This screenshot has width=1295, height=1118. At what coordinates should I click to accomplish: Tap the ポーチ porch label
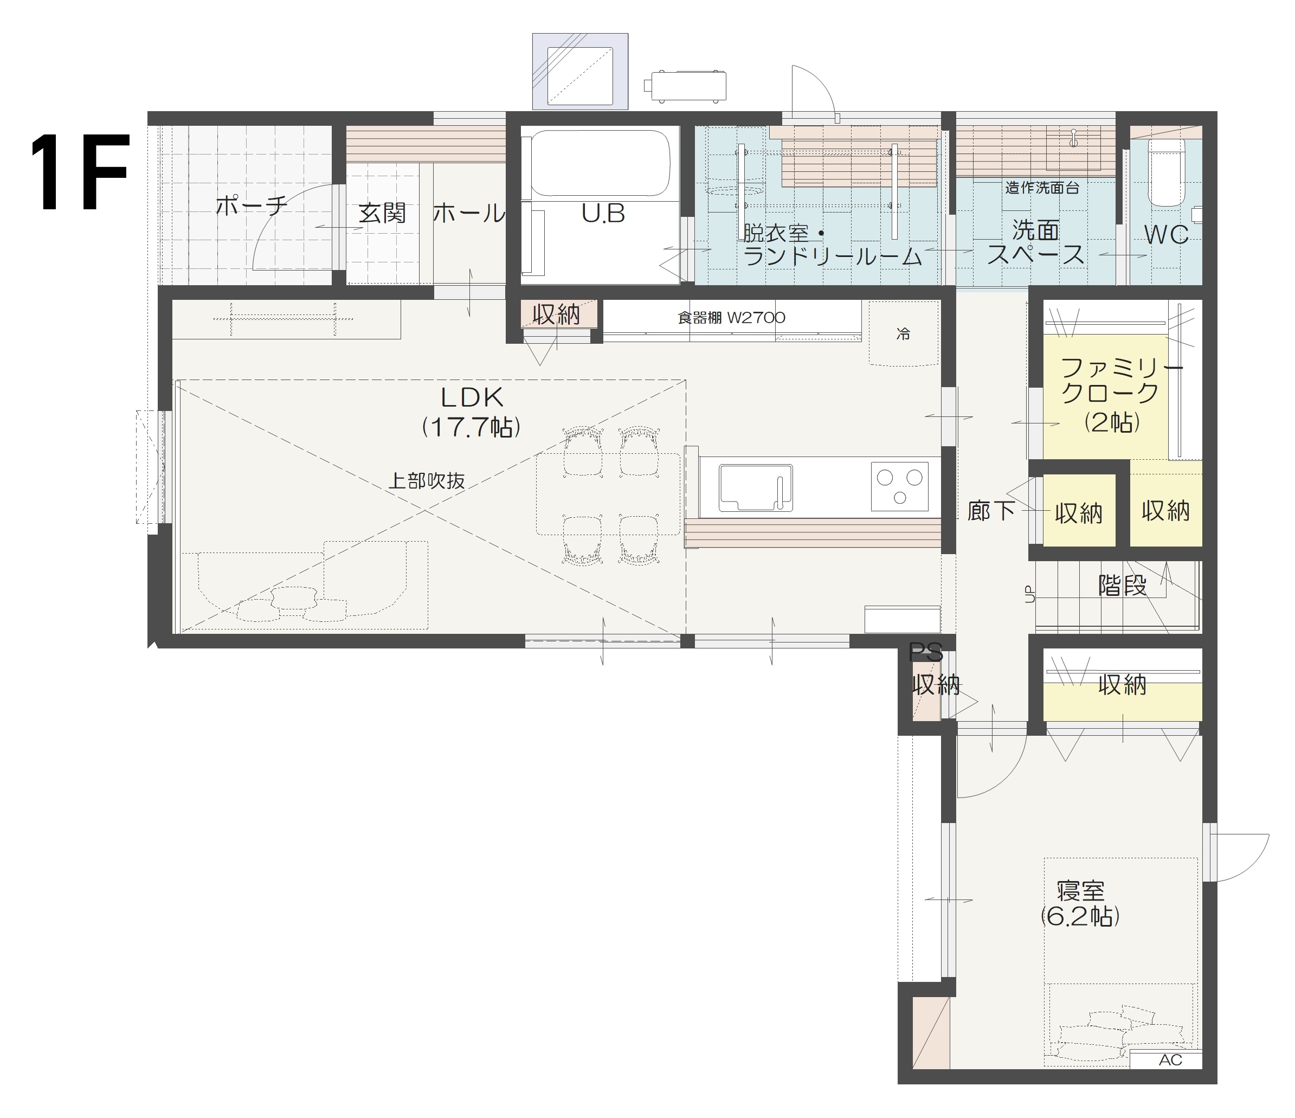(252, 205)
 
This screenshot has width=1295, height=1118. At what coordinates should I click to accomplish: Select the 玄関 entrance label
(382, 213)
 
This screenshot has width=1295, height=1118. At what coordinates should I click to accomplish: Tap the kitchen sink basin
(755, 487)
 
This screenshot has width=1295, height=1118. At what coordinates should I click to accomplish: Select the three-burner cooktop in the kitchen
(899, 486)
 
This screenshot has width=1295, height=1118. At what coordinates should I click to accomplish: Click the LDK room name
(472, 397)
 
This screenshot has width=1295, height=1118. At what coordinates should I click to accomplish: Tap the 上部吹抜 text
(427, 481)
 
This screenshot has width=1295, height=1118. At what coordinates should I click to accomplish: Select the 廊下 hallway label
(990, 511)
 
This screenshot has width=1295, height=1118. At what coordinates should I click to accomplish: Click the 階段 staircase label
(1123, 585)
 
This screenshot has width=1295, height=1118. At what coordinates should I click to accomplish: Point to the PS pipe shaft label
(926, 653)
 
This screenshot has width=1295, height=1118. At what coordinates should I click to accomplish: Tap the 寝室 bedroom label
(1081, 890)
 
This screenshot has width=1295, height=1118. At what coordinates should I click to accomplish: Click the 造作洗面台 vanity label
(1042, 188)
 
